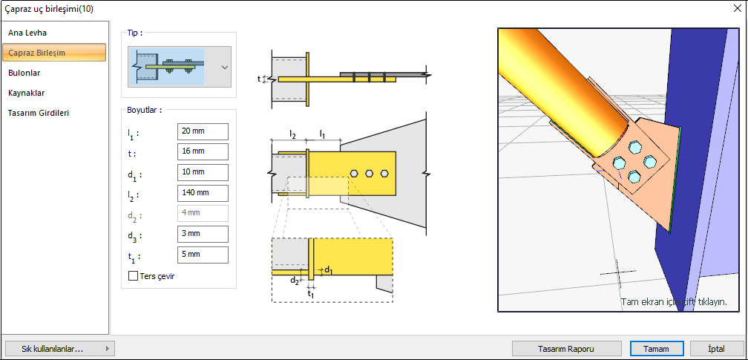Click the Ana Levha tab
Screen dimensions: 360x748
[27, 33]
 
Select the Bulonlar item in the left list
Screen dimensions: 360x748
[24, 73]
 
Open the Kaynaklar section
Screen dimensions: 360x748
[27, 93]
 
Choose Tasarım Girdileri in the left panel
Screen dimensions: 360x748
[39, 113]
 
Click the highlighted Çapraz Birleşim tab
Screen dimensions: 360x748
[53, 53]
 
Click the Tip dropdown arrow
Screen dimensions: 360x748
[224, 67]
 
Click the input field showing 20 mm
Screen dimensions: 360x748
[203, 131]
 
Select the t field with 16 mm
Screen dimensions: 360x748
[203, 151]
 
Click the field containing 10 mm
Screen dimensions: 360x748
[203, 172]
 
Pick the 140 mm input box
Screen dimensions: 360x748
[203, 193]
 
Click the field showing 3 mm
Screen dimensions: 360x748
[203, 235]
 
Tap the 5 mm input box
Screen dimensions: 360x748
[203, 255]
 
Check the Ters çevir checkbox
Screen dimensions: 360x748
[134, 276]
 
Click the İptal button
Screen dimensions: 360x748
[716, 348]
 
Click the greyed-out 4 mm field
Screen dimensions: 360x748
[203, 214]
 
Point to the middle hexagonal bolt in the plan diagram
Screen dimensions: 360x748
[370, 173]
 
